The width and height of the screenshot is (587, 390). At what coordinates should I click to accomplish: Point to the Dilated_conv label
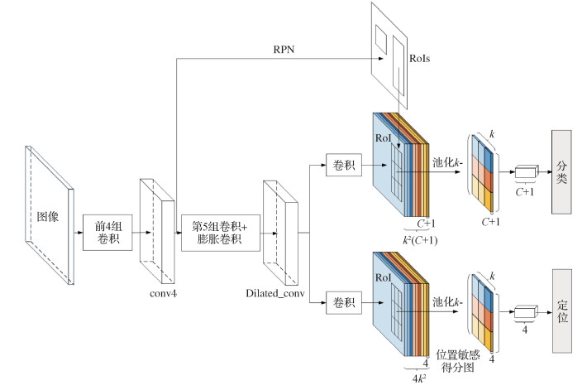point(276,294)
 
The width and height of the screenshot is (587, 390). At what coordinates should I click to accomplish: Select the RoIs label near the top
point(422,59)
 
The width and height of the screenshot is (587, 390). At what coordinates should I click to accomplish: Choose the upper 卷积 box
point(342,165)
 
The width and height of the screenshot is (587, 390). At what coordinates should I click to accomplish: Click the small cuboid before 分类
point(525,172)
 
